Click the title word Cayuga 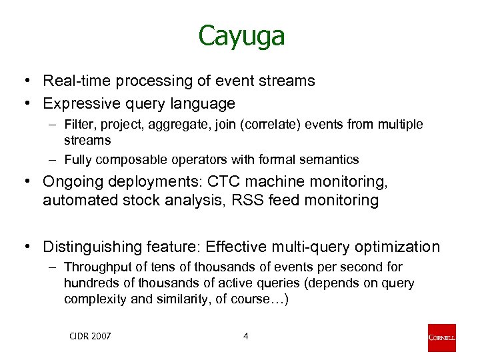point(241,37)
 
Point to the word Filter point(79,125)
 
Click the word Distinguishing point(89,247)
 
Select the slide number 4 point(245,336)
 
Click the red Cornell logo point(441,338)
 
